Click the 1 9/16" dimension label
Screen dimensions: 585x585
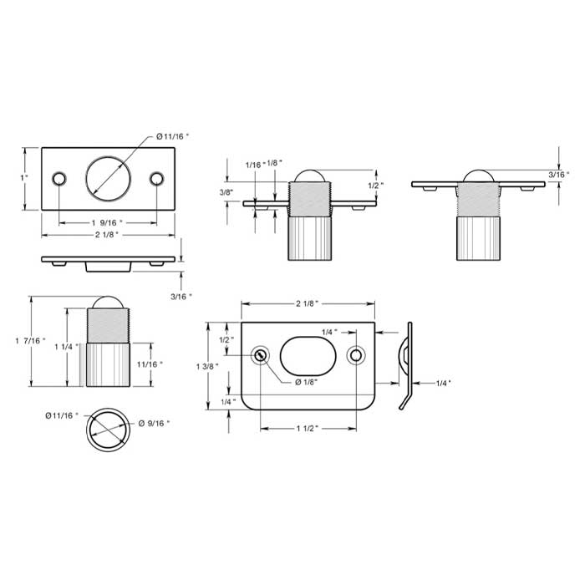pyautogui.click(x=107, y=223)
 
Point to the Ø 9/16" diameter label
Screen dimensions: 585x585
pyautogui.click(x=155, y=424)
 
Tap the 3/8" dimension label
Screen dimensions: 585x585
pyautogui.click(x=225, y=192)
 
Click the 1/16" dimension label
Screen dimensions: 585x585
pyautogui.click(x=254, y=164)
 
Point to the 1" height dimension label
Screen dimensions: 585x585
pyautogui.click(x=25, y=178)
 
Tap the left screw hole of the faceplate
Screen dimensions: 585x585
pyautogui.click(x=58, y=179)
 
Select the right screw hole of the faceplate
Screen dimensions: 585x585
pyautogui.click(x=156, y=179)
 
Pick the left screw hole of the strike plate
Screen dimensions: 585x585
pyautogui.click(x=262, y=356)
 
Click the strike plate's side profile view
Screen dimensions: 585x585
pyautogui.click(x=408, y=364)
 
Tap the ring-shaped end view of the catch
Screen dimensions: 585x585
pyautogui.click(x=107, y=430)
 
